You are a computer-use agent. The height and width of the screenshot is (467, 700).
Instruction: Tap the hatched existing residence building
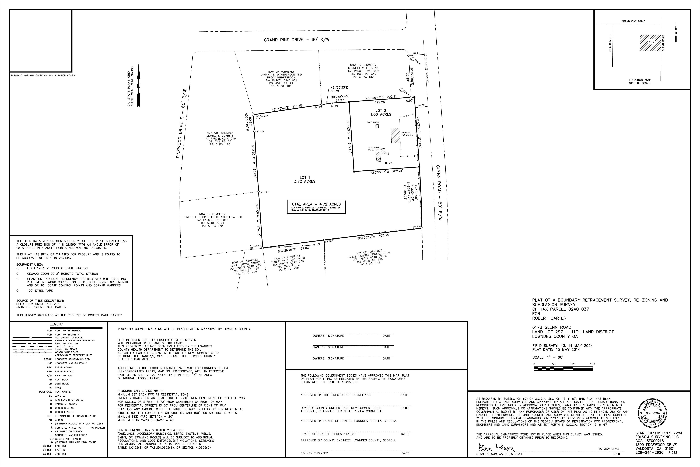(395, 136)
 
